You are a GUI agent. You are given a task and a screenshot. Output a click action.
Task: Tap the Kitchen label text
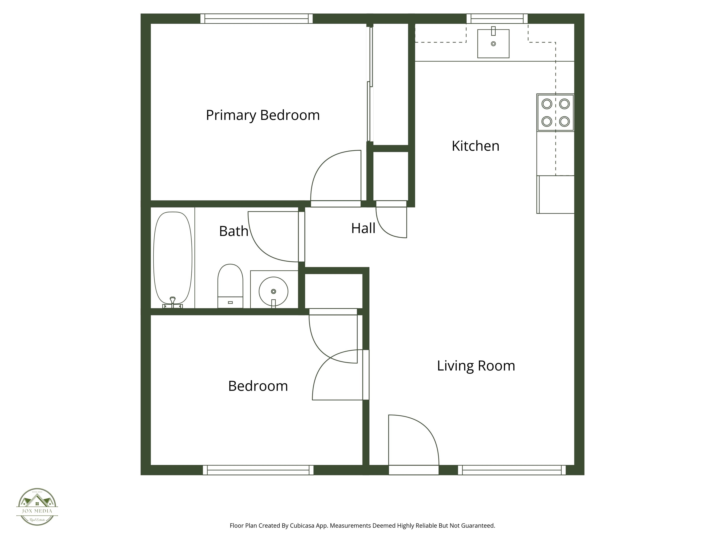click(475, 146)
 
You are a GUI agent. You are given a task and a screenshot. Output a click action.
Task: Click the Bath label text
click(233, 231)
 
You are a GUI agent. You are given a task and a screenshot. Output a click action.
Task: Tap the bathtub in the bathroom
click(173, 257)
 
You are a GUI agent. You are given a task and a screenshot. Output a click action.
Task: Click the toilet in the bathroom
click(230, 285)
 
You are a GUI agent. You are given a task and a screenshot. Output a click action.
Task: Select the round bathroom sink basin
click(273, 291)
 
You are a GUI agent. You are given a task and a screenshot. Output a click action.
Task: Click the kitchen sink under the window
click(493, 44)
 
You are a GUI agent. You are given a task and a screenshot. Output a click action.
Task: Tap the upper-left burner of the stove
click(547, 104)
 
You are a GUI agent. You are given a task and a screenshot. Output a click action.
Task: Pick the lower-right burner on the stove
click(564, 122)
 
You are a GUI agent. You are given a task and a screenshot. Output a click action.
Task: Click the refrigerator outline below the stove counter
click(556, 195)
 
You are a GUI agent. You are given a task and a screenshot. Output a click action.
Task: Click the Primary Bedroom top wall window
click(256, 18)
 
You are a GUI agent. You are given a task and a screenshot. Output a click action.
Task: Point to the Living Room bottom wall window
click(512, 470)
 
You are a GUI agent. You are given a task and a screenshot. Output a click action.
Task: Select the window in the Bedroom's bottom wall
click(258, 470)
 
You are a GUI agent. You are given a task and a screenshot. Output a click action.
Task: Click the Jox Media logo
click(37, 507)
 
